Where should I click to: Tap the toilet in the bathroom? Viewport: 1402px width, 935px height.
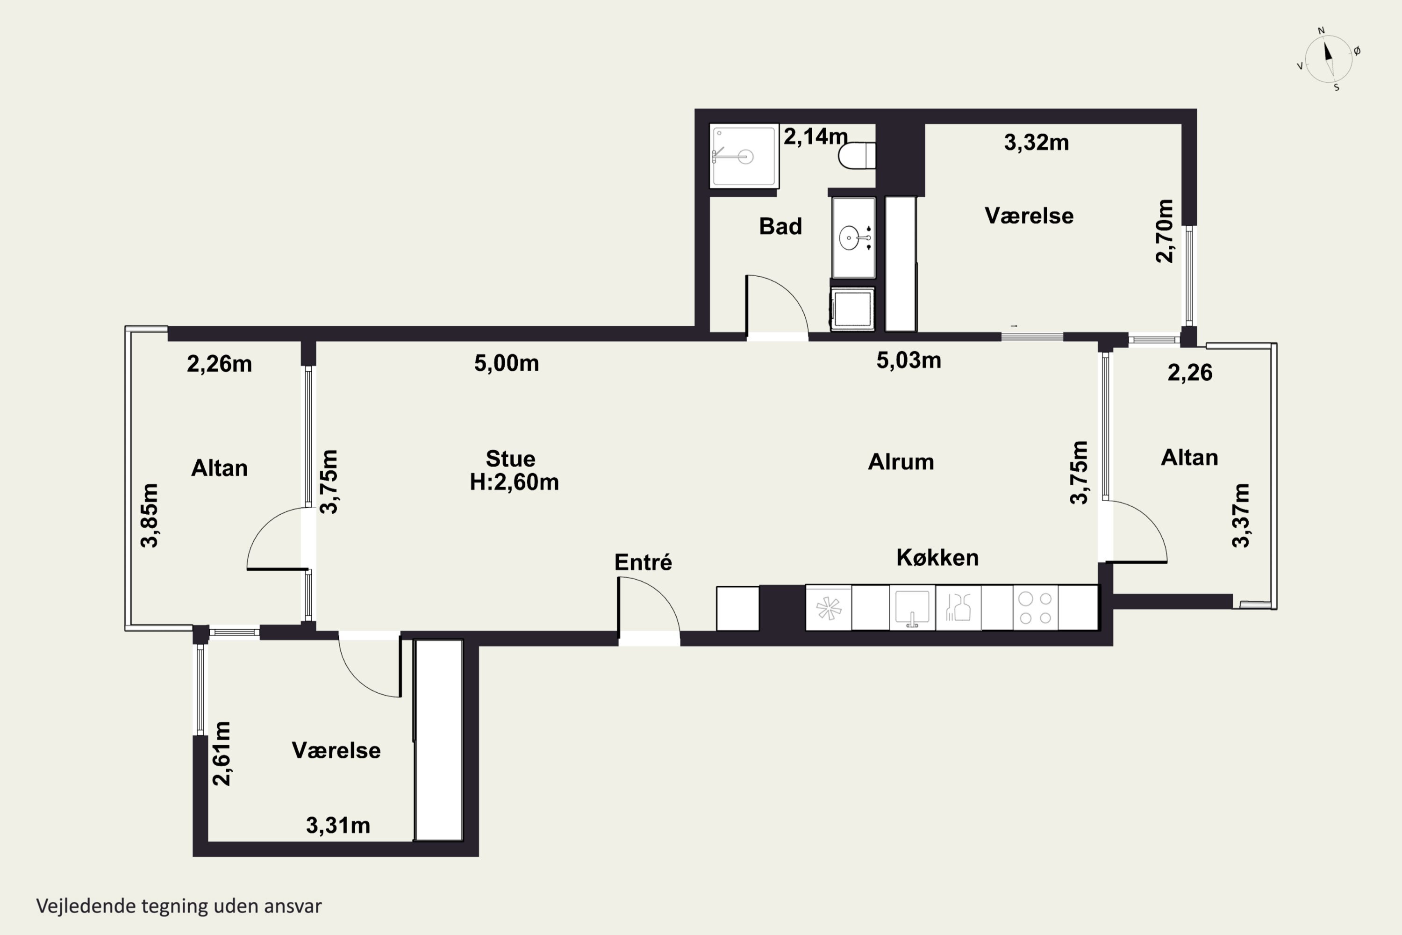pyautogui.click(x=857, y=156)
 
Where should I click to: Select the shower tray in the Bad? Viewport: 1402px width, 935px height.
pyautogui.click(x=744, y=156)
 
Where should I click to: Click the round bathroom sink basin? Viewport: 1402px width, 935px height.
pyautogui.click(x=850, y=238)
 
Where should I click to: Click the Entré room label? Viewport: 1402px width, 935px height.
pyautogui.click(x=643, y=562)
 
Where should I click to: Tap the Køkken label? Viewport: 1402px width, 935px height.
pyautogui.click(x=937, y=558)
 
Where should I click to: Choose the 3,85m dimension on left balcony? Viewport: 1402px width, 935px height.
pyautogui.click(x=149, y=515)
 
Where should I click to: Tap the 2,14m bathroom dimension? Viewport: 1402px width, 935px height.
pyautogui.click(x=815, y=137)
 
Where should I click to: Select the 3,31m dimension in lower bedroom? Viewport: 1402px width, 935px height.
pyautogui.click(x=338, y=825)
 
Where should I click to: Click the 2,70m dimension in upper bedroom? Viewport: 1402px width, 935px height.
pyautogui.click(x=1164, y=231)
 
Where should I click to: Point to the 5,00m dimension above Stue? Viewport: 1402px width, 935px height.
pyautogui.click(x=506, y=363)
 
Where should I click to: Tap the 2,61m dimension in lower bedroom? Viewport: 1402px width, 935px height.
pyautogui.click(x=221, y=754)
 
